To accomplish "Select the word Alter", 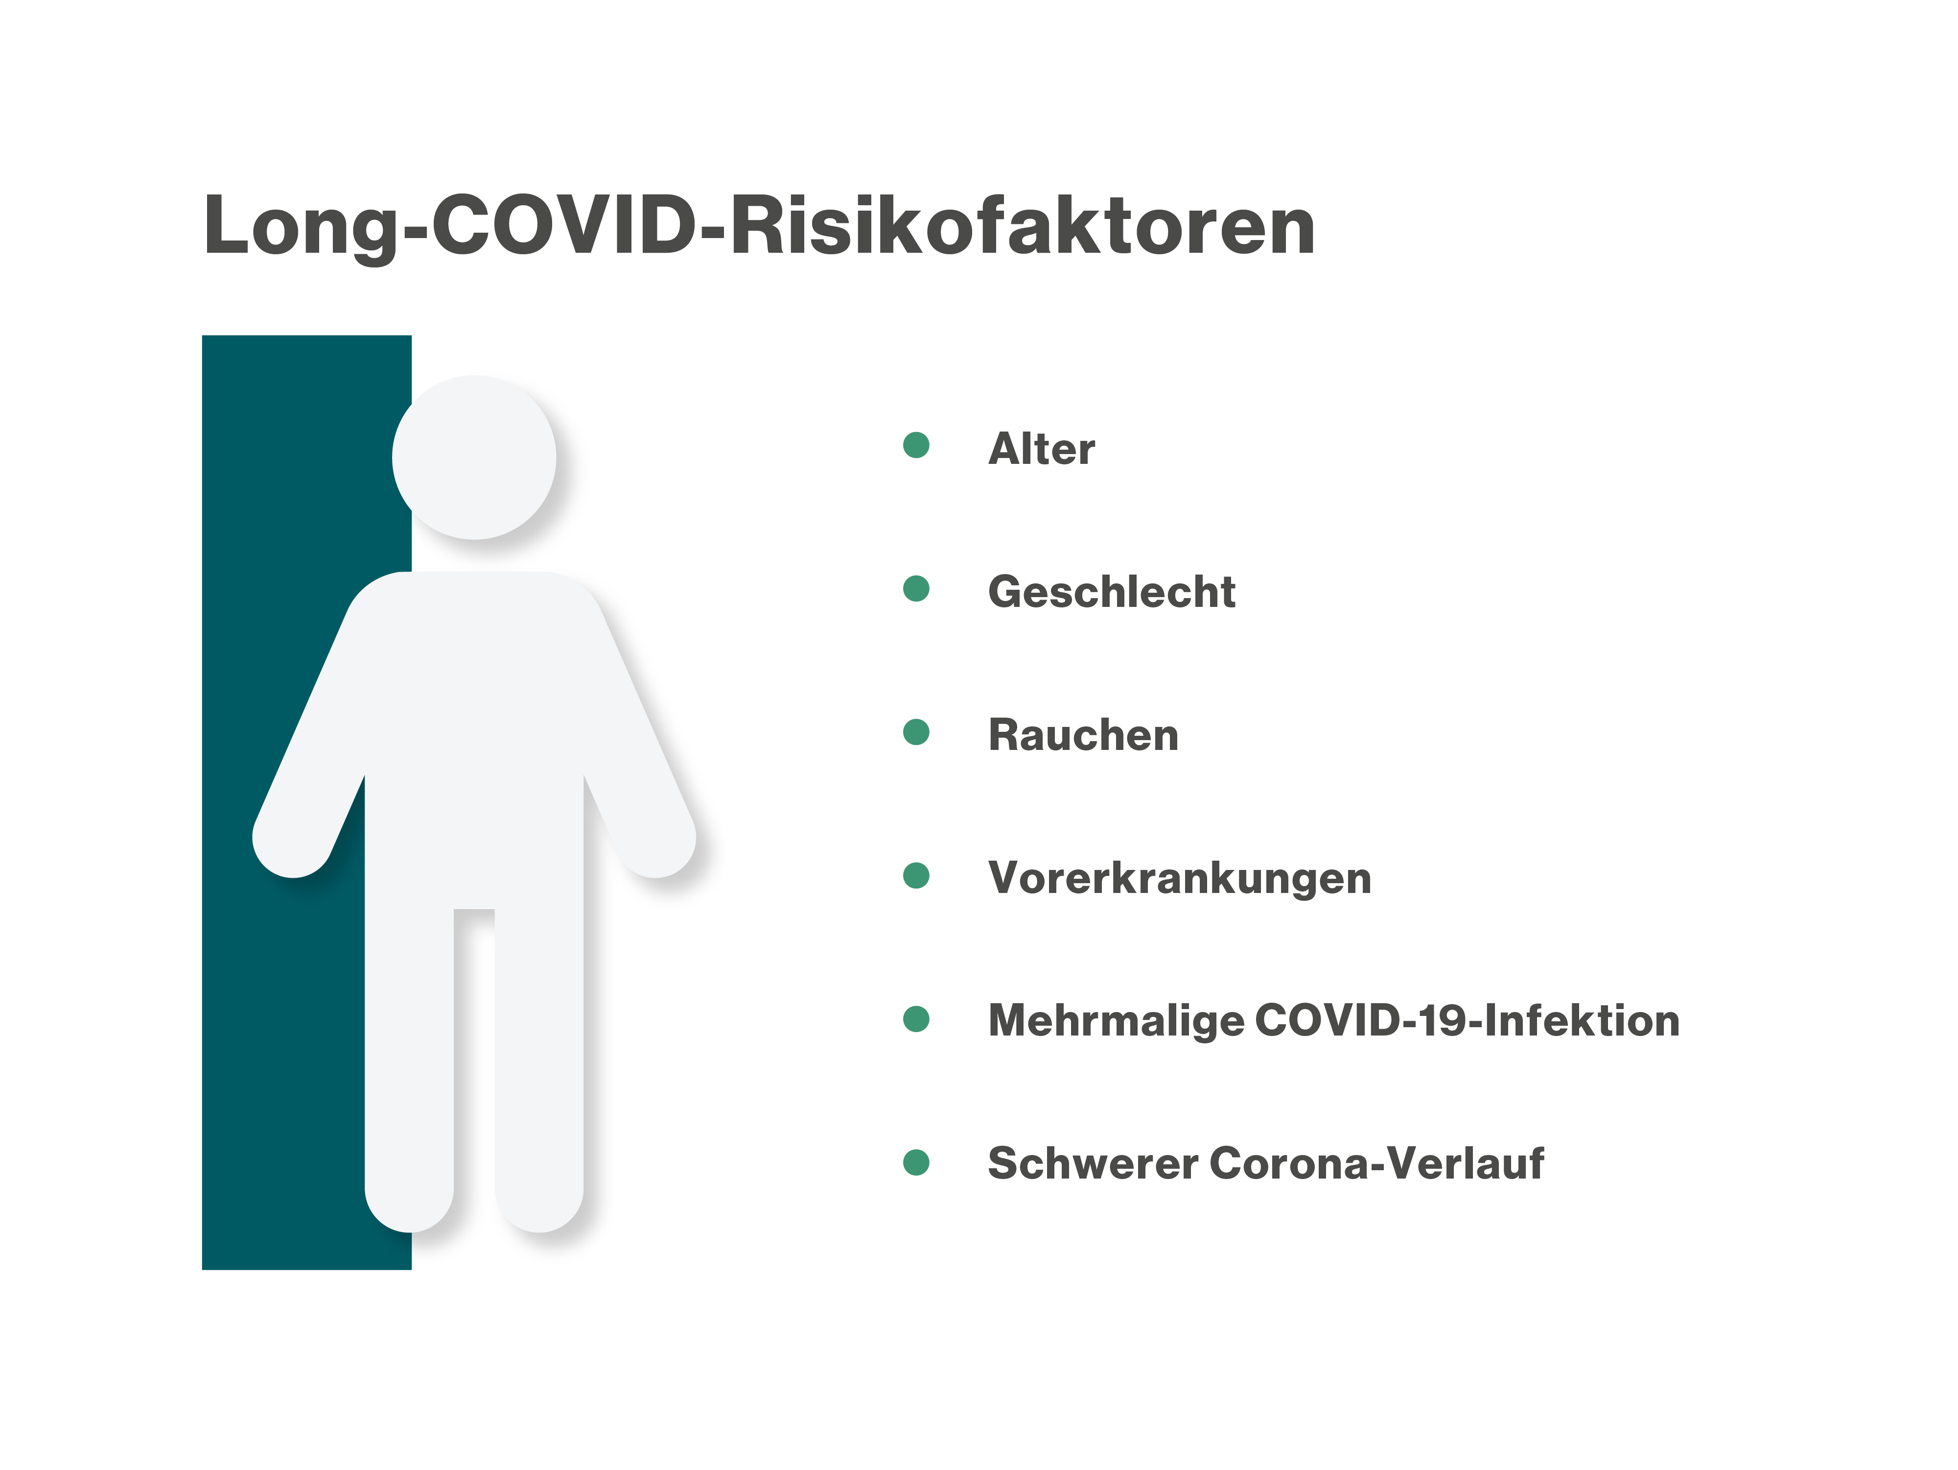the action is (1041, 448).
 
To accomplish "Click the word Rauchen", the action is (1083, 734).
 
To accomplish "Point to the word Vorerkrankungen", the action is (1180, 878).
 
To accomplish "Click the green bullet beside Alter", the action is (916, 445).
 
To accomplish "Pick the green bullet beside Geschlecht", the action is (916, 589).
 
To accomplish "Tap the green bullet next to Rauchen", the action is (916, 732).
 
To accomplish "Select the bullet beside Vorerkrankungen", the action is (916, 876).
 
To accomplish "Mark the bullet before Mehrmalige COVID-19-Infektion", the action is (916, 1019).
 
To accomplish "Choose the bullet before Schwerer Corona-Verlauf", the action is (916, 1163).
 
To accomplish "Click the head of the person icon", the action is (474, 458).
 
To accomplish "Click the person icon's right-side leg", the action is (539, 1062).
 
